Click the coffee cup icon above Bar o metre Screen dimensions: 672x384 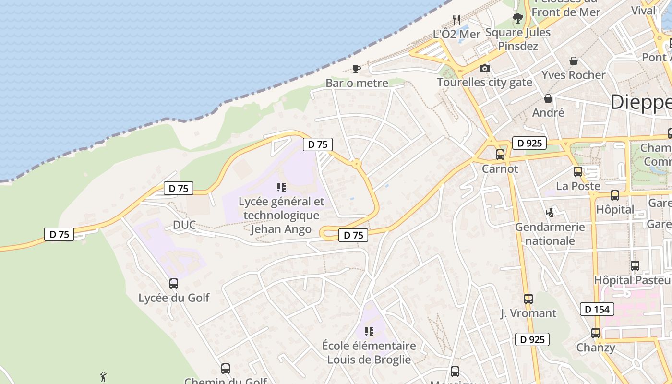click(356, 69)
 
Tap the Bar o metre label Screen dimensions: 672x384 click(357, 83)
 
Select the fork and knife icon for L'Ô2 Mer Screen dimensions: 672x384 click(456, 20)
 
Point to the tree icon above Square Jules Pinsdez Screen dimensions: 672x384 click(517, 19)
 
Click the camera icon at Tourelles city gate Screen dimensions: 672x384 click(485, 68)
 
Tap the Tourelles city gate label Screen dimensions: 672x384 click(484, 82)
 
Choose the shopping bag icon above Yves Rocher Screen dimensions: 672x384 click(573, 61)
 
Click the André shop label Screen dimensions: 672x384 click(548, 112)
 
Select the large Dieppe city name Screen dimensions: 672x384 click(641, 102)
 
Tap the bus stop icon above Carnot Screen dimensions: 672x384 click(500, 155)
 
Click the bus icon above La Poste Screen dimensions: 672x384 click(578, 172)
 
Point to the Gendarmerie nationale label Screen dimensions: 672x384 click(550, 233)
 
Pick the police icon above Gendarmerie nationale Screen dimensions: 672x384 click(550, 212)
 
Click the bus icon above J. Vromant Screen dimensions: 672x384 click(528, 299)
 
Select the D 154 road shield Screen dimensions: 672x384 click(597, 309)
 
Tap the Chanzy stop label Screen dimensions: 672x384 click(596, 347)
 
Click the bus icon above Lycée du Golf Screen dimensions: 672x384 click(174, 284)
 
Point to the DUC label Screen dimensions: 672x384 click(185, 225)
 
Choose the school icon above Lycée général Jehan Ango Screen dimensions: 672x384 click(281, 187)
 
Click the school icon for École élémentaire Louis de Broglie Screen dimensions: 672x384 click(369, 332)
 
